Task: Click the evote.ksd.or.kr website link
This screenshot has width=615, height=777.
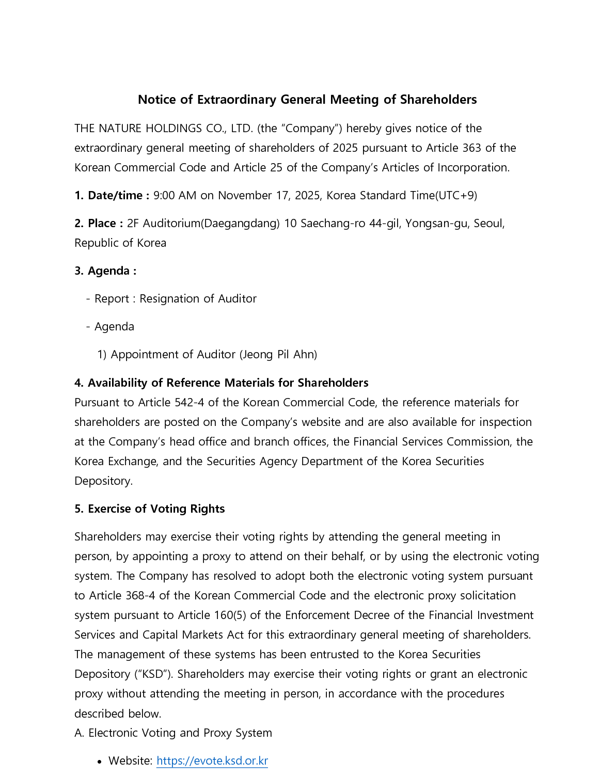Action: coord(212,761)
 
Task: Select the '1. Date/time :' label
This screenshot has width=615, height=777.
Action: coord(112,196)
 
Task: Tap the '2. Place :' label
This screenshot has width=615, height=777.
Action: coord(99,224)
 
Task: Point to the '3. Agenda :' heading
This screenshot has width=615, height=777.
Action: coord(105,271)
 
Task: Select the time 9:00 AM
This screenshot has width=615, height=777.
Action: coord(175,196)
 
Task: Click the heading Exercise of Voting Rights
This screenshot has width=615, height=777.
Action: coord(156,509)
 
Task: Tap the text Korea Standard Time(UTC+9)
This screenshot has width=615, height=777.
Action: coord(402,196)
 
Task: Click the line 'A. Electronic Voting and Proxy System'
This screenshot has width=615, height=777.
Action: coord(173,733)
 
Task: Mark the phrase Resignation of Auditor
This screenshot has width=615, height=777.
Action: coord(198,299)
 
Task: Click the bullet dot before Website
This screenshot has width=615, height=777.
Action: coord(99,762)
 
